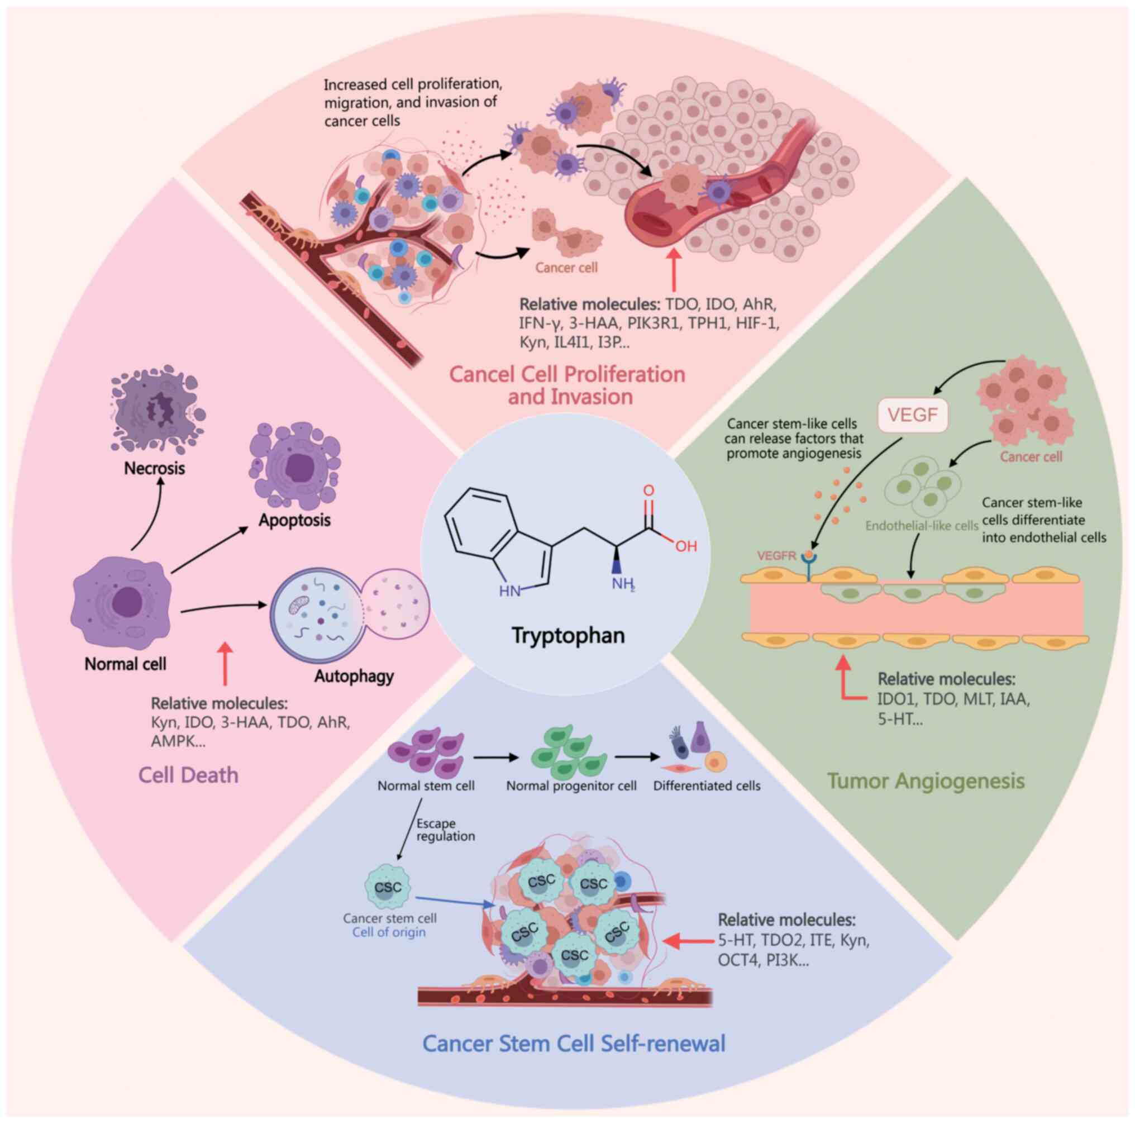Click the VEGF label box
[913, 416]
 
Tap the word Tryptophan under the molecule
[568, 635]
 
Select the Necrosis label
[155, 468]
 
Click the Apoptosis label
[295, 520]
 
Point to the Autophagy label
[354, 677]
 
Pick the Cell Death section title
[189, 775]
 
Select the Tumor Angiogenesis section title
[926, 781]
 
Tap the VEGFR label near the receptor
[776, 555]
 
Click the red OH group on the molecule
[685, 546]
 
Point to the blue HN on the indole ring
[509, 590]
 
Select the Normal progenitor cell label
[571, 786]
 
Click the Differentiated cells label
[707, 786]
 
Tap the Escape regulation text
[445, 830]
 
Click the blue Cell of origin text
[389, 932]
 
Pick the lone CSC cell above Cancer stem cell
[388, 887]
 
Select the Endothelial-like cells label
[922, 526]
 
